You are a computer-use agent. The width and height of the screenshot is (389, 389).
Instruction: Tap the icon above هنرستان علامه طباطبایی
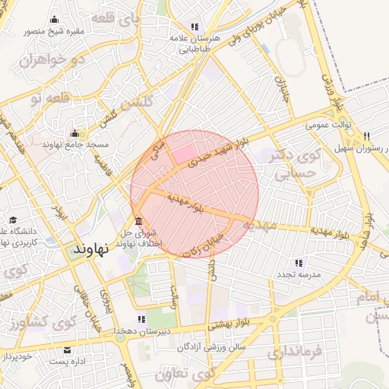coord(194,26)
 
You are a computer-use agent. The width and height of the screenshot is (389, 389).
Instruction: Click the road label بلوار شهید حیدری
coord(216,156)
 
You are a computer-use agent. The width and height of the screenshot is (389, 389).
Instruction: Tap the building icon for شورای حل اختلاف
coord(138,221)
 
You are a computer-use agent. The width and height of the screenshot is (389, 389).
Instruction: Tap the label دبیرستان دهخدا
coord(147,331)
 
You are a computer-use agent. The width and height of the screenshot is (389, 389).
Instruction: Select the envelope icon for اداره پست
coord(68,350)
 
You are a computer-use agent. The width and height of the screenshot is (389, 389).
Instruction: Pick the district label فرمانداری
coord(296,352)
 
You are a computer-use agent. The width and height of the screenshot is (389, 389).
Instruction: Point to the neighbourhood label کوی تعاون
coord(185,375)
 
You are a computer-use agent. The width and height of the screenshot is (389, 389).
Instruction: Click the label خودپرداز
coord(17,355)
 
